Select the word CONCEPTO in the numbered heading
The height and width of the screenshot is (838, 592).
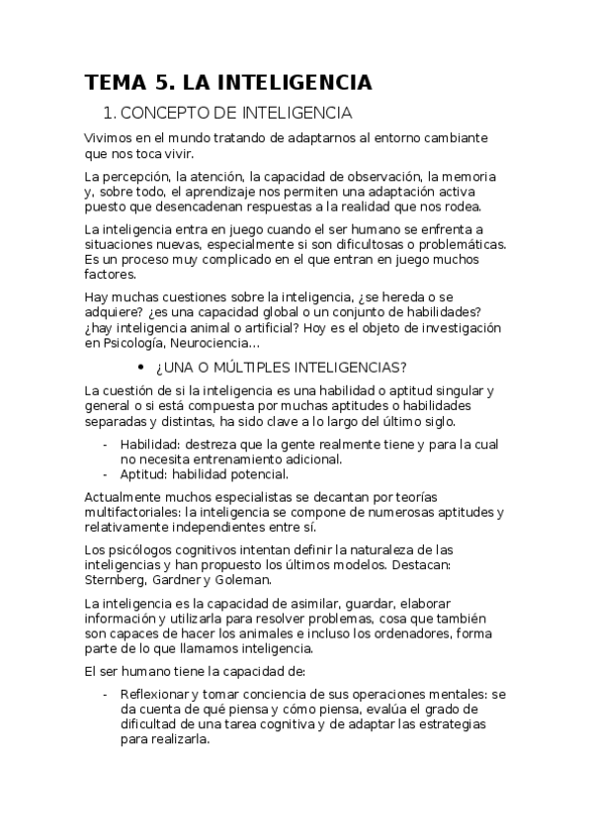[176, 114]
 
